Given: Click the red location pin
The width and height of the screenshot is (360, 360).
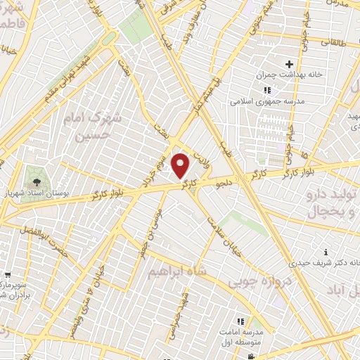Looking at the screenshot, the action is click(x=181, y=166).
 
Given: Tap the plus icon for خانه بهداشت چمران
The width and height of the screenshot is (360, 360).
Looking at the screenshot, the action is click(x=289, y=64).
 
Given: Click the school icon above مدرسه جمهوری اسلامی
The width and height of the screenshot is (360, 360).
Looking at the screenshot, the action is click(x=266, y=90).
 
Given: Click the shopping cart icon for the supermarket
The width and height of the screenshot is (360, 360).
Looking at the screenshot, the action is click(x=6, y=274).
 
